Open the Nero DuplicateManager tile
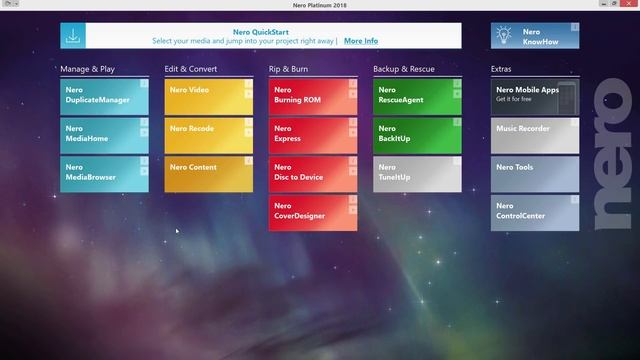point(104,96)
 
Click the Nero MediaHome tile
point(104,135)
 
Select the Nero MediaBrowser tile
point(104,173)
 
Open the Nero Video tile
point(208,96)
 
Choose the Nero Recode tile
point(208,135)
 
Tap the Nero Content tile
point(208,173)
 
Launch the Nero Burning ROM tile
point(312,96)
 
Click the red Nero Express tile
point(312,135)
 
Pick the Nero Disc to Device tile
point(312,173)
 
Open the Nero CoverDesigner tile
point(312,212)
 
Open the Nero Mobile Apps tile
point(534,96)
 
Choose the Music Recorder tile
point(534,135)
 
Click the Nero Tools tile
point(534,173)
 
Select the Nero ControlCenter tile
point(534,212)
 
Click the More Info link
point(361,41)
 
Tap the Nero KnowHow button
point(534,36)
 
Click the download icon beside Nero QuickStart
point(73,36)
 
